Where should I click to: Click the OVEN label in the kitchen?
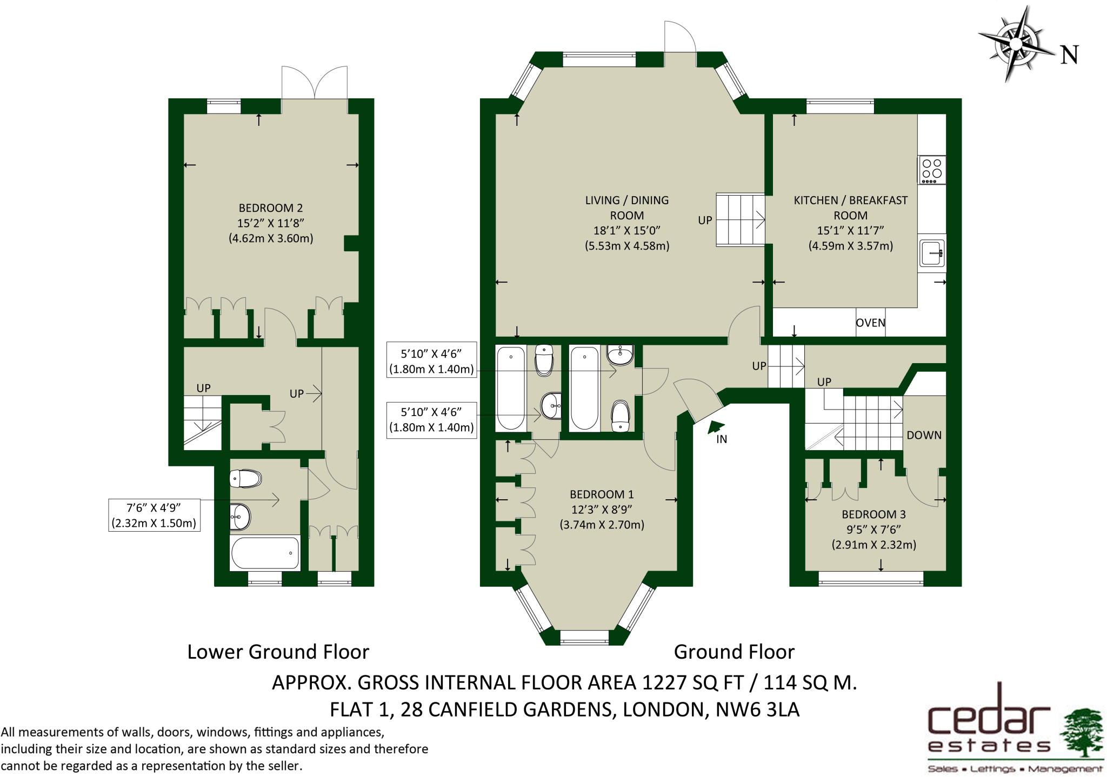870,323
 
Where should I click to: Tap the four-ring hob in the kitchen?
931,170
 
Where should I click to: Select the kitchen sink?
932,253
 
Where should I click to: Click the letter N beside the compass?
1069,55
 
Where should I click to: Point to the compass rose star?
1016,43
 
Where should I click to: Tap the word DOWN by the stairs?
924,435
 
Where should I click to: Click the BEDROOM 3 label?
873,514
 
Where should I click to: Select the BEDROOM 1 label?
602,494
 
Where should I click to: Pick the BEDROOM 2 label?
271,208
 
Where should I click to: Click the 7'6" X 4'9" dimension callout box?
154,515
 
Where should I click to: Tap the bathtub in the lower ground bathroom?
265,553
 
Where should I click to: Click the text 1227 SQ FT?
692,683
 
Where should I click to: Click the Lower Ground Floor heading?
278,652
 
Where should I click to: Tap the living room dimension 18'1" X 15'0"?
627,231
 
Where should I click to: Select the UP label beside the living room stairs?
705,220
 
